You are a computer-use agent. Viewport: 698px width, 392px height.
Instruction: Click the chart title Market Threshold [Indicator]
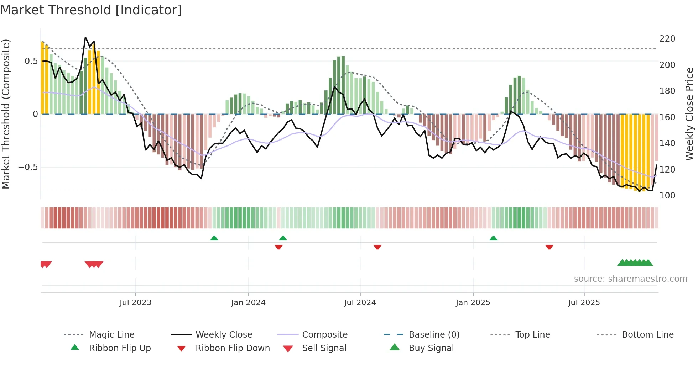pos(91,10)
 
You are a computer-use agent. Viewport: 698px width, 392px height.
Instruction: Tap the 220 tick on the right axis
pos(667,38)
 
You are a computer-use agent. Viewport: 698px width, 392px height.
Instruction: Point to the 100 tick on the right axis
pos(667,195)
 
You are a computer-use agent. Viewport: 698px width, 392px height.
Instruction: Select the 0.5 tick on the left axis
pos(31,61)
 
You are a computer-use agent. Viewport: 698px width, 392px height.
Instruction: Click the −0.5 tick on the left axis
pos(28,167)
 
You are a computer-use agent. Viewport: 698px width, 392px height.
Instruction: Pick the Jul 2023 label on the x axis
pos(135,303)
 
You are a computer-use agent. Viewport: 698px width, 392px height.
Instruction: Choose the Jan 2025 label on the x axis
pos(473,303)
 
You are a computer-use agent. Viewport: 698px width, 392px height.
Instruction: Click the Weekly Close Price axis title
pos(689,114)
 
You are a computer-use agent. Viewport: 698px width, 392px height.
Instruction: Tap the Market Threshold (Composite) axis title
pos(6,114)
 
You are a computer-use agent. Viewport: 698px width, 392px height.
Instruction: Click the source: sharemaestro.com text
pos(630,279)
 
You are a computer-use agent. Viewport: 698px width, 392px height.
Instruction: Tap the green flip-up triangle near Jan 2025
pos(493,238)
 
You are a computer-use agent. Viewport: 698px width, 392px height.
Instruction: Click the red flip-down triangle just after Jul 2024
pos(377,247)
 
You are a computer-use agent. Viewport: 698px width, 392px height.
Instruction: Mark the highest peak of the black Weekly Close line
pos(85,37)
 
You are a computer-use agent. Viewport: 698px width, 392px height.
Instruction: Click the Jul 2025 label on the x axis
pos(584,303)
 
